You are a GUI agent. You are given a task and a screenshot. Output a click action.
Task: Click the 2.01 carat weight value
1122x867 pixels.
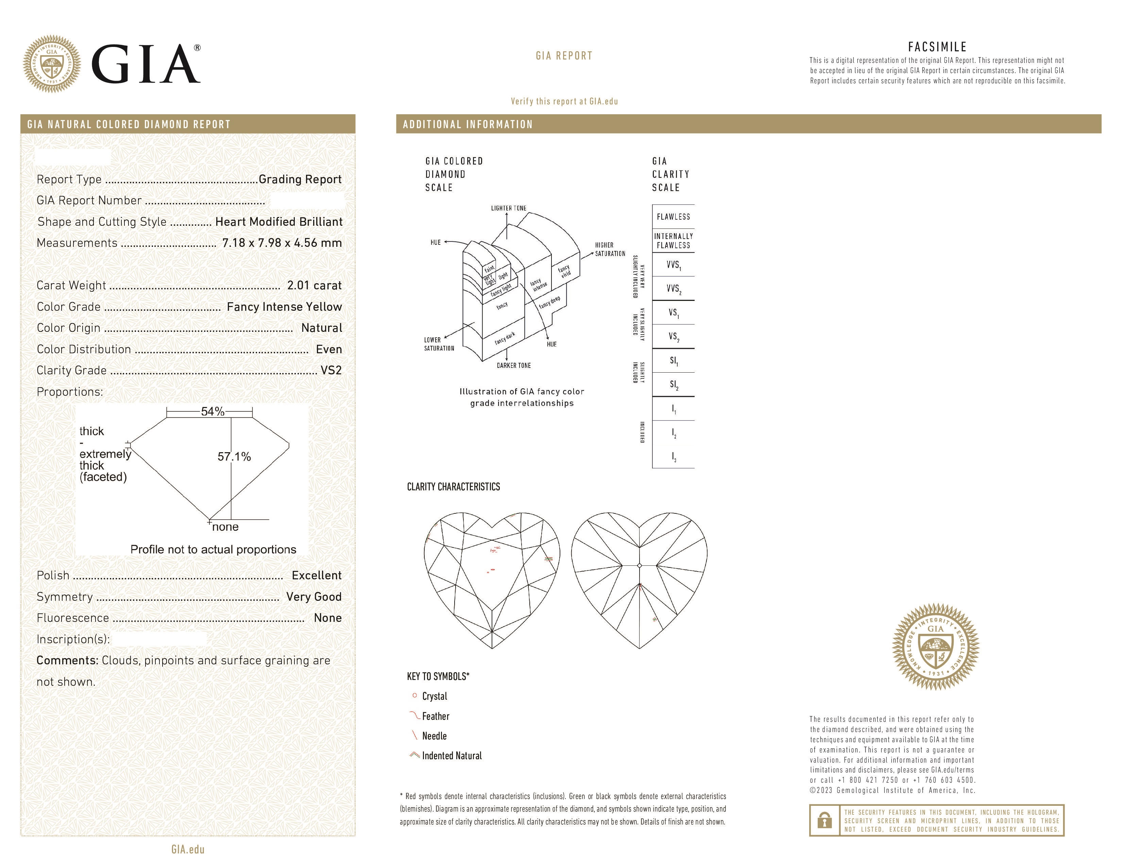pyautogui.click(x=314, y=286)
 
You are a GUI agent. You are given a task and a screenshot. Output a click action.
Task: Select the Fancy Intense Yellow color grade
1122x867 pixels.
pyautogui.click(x=284, y=307)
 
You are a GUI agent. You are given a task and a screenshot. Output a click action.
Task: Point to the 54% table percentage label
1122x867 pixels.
pyautogui.click(x=212, y=411)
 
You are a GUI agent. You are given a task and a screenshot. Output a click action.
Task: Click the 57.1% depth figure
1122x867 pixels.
pyautogui.click(x=234, y=457)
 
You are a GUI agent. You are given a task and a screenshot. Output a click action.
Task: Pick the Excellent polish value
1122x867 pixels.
pyautogui.click(x=317, y=575)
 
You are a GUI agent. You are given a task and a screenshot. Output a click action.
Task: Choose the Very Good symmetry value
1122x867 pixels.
pyautogui.click(x=313, y=597)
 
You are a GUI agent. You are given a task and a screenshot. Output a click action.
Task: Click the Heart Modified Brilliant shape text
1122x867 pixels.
pyautogui.click(x=278, y=222)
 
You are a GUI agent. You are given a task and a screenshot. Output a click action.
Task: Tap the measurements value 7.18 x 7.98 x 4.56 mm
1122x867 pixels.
pyautogui.click(x=282, y=243)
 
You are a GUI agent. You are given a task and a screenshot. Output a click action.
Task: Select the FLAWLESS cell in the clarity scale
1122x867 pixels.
pyautogui.click(x=673, y=217)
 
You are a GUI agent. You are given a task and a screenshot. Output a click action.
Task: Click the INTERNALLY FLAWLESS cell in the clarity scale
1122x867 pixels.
pyautogui.click(x=673, y=240)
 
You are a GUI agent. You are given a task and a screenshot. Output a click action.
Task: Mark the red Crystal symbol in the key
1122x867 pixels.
pyautogui.click(x=414, y=695)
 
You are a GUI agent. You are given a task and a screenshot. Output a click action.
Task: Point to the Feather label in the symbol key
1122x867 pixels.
pyautogui.click(x=436, y=716)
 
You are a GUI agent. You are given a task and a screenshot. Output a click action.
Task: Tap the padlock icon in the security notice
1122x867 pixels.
pyautogui.click(x=824, y=820)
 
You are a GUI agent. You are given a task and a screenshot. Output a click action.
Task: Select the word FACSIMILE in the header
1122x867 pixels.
pyautogui.click(x=937, y=47)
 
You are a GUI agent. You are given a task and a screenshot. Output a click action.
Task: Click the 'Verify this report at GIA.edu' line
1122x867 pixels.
pyautogui.click(x=564, y=101)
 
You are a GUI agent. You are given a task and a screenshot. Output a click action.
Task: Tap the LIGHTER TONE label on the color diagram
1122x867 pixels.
pyautogui.click(x=508, y=208)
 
